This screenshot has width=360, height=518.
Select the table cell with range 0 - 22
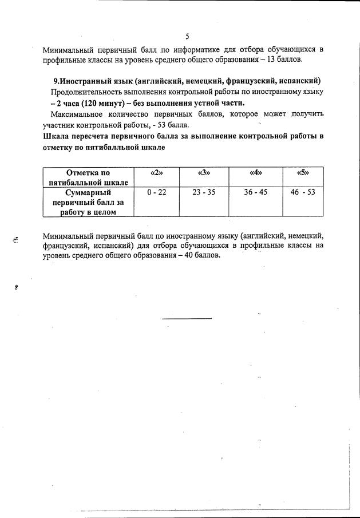pos(156,192)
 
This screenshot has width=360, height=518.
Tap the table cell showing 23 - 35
pos(204,192)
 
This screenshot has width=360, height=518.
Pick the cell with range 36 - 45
pos(255,192)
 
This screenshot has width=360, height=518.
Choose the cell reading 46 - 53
pos(303,192)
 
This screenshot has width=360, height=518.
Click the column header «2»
pos(156,172)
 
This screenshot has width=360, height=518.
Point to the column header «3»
pos(204,172)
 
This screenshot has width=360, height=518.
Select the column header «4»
pos(256,172)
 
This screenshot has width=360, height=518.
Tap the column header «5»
pos(303,172)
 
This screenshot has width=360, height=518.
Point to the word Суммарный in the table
pos(88,193)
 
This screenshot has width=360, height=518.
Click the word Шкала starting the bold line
pos(56,136)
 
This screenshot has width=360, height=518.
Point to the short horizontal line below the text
pos(187,318)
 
